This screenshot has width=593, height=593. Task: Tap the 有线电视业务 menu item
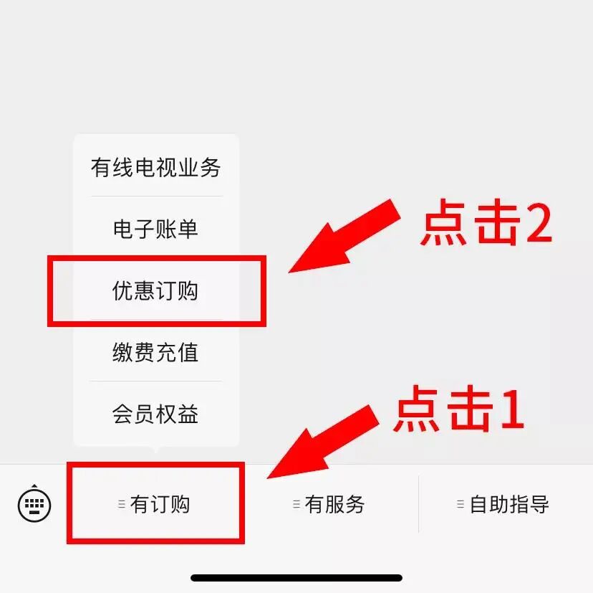point(155,168)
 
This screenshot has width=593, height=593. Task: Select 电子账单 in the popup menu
point(155,229)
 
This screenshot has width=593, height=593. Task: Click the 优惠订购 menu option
point(155,291)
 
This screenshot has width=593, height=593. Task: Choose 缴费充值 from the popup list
point(155,353)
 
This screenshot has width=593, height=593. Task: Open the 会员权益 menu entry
point(155,414)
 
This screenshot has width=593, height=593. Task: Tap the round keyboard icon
point(34,504)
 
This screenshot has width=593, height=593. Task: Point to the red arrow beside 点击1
point(322,441)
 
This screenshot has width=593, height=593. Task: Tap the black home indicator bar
point(296,577)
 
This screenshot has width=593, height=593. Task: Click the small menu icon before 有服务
point(296,504)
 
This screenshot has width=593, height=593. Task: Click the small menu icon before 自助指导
point(461,504)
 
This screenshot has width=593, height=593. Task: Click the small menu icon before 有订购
point(122,504)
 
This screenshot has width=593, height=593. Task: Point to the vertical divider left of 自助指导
point(418,504)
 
